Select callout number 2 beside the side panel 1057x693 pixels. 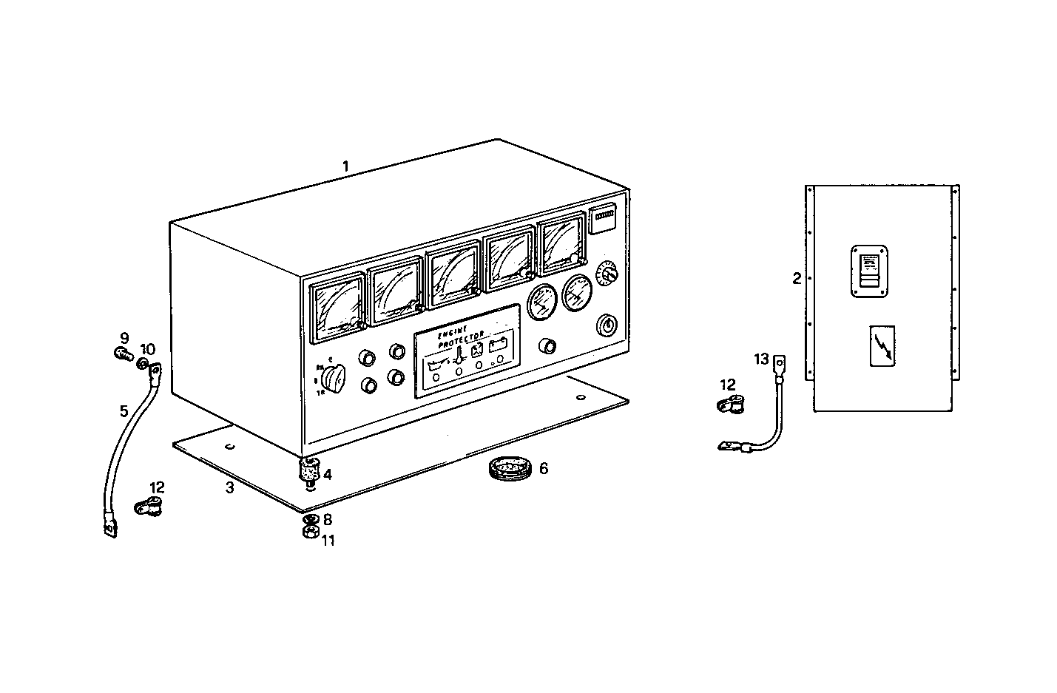(x=797, y=279)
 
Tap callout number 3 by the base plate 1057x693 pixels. (x=230, y=487)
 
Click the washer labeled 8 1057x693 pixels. (x=311, y=519)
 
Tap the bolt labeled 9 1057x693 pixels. (x=124, y=354)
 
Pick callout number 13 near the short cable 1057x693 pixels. (x=762, y=359)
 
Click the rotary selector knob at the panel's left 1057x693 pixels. (x=333, y=379)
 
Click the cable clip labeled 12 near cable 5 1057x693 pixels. (x=149, y=507)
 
